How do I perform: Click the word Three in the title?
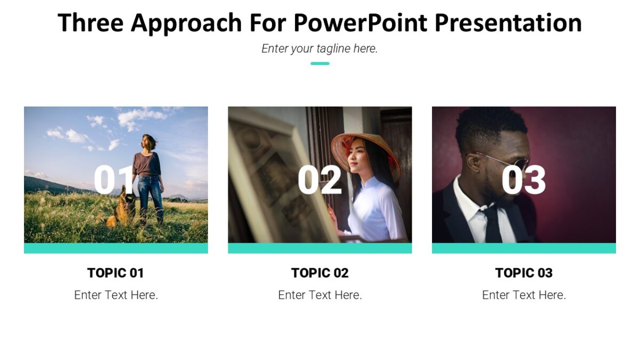(90, 23)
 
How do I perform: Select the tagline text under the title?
(319, 49)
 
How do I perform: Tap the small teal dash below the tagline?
(319, 63)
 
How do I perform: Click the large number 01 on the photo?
(113, 179)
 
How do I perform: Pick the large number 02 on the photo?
(319, 179)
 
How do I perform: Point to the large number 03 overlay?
(523, 179)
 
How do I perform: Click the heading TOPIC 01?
(116, 273)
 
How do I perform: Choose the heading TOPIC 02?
(319, 273)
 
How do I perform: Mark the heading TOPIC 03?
(524, 273)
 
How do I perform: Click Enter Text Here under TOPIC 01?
(116, 295)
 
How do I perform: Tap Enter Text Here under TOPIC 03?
(524, 295)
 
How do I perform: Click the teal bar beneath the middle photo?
(319, 248)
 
